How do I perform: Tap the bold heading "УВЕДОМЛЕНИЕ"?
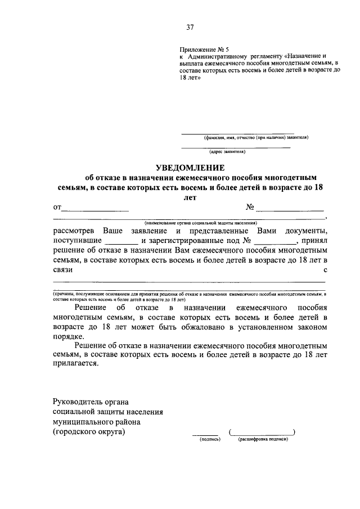[x=190, y=167]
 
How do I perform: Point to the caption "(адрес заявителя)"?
[x=227, y=151]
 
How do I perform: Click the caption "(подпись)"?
[x=210, y=439]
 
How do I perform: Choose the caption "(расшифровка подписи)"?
[x=263, y=439]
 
